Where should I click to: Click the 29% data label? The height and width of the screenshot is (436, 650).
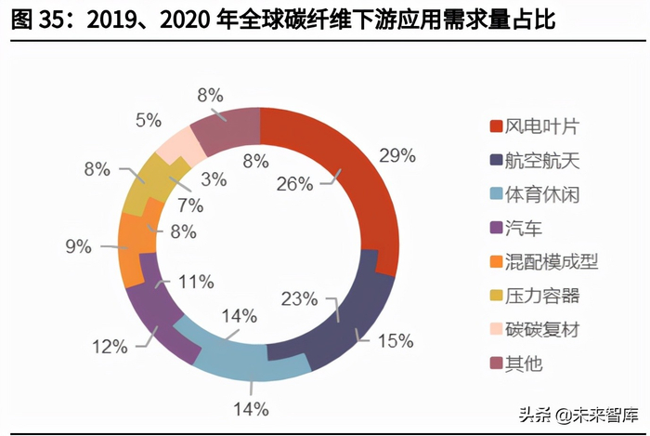pyautogui.click(x=396, y=155)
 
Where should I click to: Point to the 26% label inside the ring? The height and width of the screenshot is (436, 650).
pyautogui.click(x=294, y=183)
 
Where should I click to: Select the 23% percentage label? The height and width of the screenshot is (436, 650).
pyautogui.click(x=300, y=298)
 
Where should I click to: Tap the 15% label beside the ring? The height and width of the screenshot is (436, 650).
pyautogui.click(x=394, y=340)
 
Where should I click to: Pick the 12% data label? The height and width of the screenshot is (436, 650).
pyautogui.click(x=109, y=347)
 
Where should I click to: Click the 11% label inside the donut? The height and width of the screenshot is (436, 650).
pyautogui.click(x=197, y=280)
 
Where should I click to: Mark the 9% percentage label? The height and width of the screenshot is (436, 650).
pyautogui.click(x=78, y=246)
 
